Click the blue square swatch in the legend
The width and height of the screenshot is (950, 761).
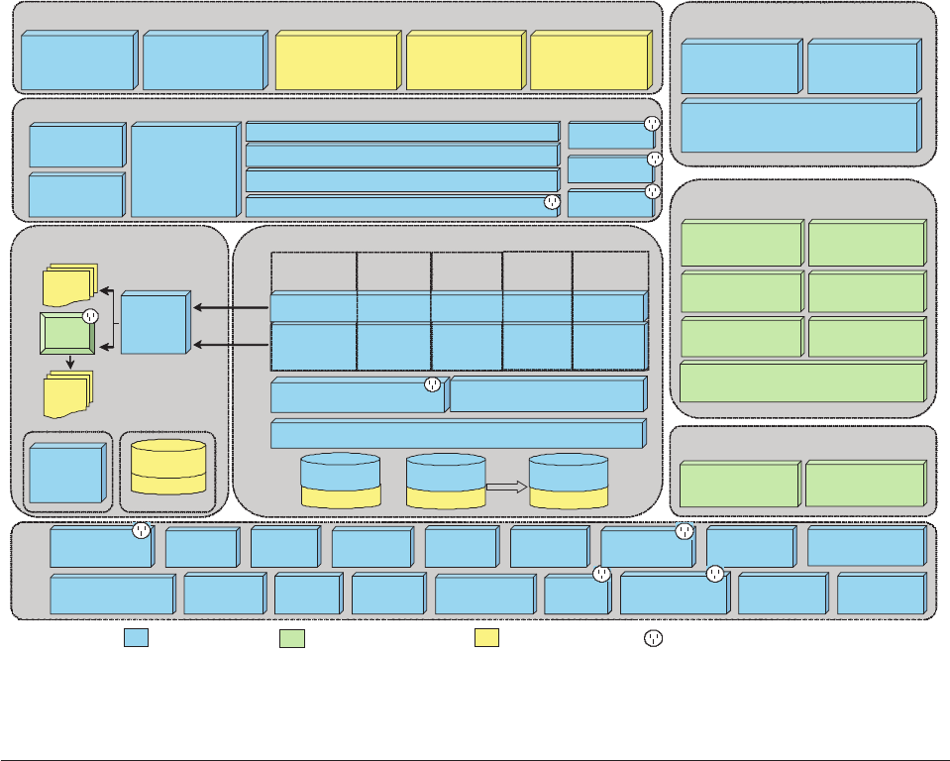(x=136, y=638)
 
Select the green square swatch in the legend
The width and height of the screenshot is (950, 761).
(x=292, y=638)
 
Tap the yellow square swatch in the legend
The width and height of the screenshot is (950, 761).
(x=486, y=638)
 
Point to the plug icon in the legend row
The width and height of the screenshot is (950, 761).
(x=652, y=638)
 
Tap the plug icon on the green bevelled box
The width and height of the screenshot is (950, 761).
(x=89, y=317)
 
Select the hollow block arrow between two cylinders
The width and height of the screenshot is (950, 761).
(x=506, y=487)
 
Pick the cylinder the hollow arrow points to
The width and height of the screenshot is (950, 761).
(x=569, y=482)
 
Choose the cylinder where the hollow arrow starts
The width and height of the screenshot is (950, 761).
(x=446, y=482)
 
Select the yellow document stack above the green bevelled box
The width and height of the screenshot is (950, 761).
(x=70, y=283)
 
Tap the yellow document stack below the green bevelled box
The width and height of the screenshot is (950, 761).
(x=68, y=393)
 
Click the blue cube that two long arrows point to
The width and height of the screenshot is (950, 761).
(x=156, y=324)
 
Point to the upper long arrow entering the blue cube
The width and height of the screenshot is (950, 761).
(x=231, y=308)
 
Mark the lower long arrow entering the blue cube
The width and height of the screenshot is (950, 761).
(x=231, y=344)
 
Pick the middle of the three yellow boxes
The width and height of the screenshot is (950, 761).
(x=465, y=61)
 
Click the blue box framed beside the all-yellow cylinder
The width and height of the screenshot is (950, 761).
(x=66, y=474)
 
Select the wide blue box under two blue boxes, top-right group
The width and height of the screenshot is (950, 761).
(x=800, y=126)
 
